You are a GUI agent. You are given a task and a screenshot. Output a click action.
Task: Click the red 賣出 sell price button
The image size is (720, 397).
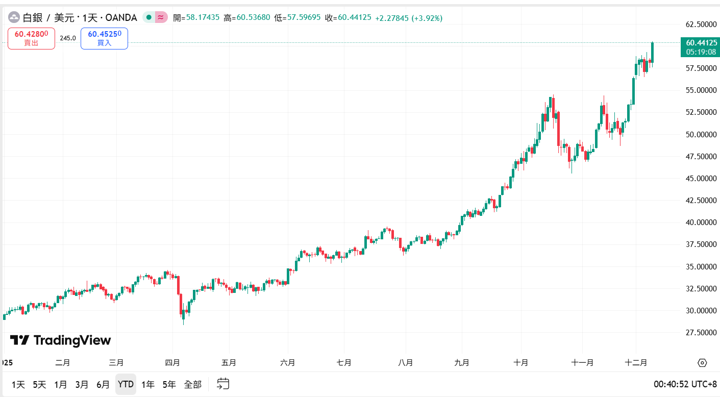tap(31, 38)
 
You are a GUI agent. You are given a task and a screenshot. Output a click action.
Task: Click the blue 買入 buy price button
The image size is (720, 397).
tap(104, 38)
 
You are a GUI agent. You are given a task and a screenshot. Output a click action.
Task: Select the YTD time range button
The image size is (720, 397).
tap(126, 384)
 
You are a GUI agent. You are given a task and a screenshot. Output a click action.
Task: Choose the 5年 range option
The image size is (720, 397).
tap(169, 384)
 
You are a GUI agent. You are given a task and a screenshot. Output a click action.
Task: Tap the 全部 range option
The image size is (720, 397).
tap(193, 384)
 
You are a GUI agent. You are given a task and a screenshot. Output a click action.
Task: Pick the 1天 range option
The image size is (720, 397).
tap(18, 384)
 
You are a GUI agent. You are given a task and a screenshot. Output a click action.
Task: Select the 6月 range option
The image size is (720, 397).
tap(103, 384)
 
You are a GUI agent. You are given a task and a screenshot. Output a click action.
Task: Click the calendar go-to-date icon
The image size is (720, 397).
tap(223, 384)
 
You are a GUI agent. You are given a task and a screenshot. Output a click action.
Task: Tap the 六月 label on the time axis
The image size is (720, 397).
tap(288, 363)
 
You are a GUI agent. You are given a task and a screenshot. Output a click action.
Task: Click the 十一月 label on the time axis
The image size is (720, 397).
tap(582, 363)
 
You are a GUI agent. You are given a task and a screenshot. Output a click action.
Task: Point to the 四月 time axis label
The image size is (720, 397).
tap(172, 363)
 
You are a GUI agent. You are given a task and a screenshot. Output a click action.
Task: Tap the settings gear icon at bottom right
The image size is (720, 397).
tap(702, 363)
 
